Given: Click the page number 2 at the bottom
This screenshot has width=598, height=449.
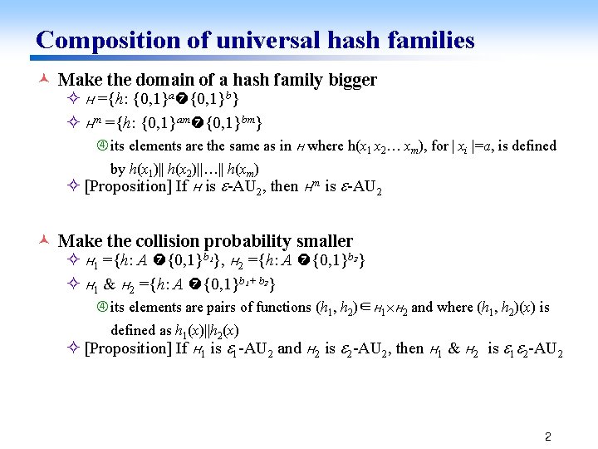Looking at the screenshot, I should [547, 436].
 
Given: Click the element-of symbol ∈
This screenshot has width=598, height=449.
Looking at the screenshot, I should [371, 308].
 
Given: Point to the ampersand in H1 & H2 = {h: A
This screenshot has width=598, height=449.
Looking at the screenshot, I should [108, 288].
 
